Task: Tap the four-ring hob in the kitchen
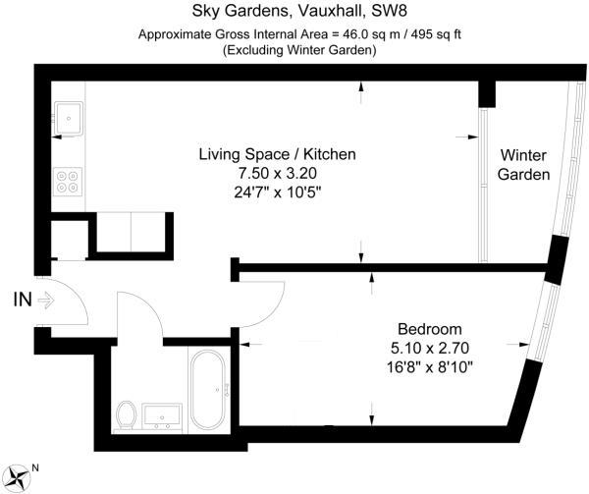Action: [x=68, y=181]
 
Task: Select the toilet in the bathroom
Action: [x=126, y=414]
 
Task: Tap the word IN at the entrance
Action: [x=22, y=301]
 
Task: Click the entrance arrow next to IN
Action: [x=44, y=302]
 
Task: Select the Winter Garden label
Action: [x=523, y=164]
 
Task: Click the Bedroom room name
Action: [x=428, y=328]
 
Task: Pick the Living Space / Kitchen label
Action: [x=277, y=154]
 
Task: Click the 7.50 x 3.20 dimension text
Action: [x=277, y=172]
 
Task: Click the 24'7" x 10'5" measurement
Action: [x=277, y=190]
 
